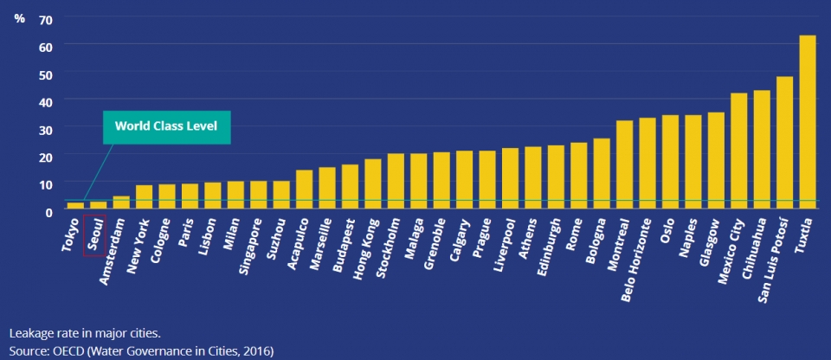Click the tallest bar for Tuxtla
click(807, 122)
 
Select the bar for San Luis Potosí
click(784, 143)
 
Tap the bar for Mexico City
click(738, 151)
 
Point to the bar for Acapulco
click(303, 190)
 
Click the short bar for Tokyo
click(75, 206)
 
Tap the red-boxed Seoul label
click(94, 234)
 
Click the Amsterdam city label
click(113, 243)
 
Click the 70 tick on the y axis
click(46, 19)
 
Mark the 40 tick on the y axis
click(46, 100)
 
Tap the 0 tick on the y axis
click(49, 210)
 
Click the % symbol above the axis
click(19, 18)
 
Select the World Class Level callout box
click(167, 126)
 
